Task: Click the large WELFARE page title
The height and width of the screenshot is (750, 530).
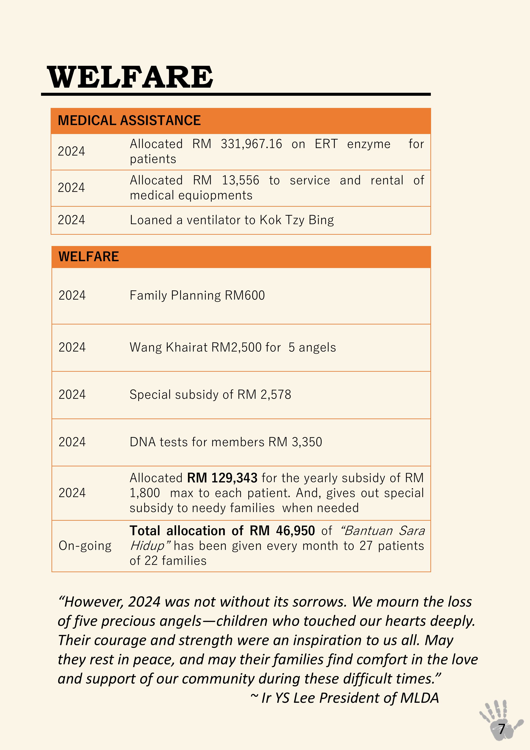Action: pos(130,77)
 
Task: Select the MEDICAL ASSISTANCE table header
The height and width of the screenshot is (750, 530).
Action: pos(129,121)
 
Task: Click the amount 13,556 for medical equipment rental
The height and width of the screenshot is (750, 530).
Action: pos(240,180)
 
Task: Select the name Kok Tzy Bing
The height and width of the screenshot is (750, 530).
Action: pos(297,220)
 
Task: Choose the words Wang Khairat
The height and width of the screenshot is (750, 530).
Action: pos(168,347)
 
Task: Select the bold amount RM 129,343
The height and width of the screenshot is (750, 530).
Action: pos(222,478)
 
